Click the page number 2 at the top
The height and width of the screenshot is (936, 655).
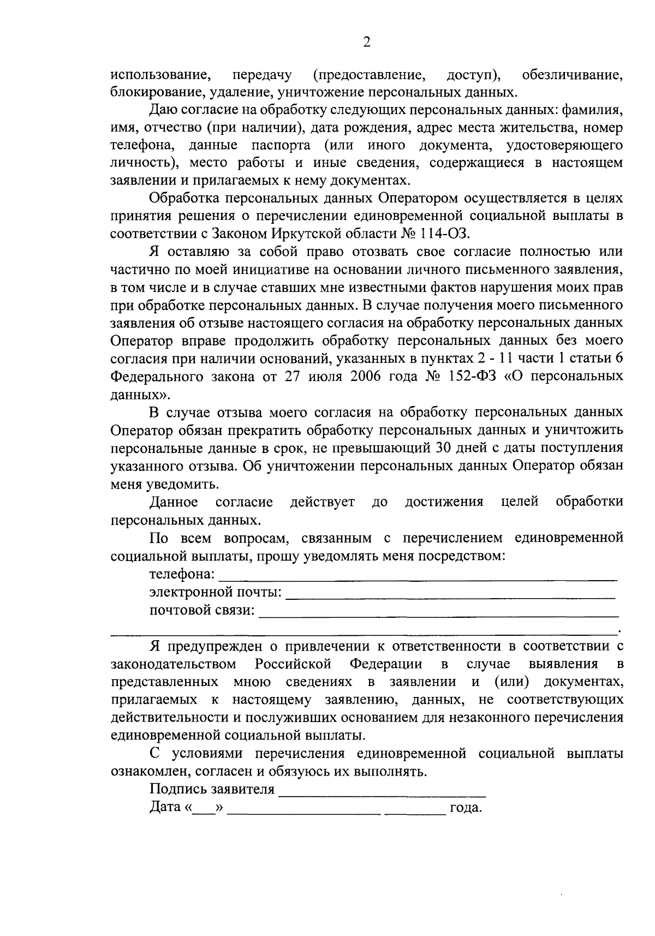pos(367,43)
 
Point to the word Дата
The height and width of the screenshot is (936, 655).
pos(165,808)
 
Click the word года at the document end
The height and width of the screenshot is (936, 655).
pos(466,808)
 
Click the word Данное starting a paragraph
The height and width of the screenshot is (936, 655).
pos(174,502)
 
